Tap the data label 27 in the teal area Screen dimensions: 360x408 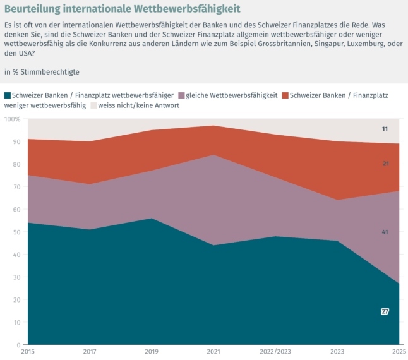coord(385,311)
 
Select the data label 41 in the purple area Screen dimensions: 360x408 coord(385,232)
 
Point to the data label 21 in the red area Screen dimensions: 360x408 coord(385,164)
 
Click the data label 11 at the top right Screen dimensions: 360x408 coord(385,129)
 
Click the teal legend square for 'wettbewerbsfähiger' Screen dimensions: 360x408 coord(8,95)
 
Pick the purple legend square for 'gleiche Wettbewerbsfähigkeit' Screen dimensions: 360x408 coord(181,95)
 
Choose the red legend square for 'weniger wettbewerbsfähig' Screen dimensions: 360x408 coord(285,95)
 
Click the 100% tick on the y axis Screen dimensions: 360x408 coord(12,119)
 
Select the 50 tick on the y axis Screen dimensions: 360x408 coord(16,232)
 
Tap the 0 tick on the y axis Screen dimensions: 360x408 coord(18,345)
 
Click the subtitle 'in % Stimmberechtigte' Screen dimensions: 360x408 coord(42,72)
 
